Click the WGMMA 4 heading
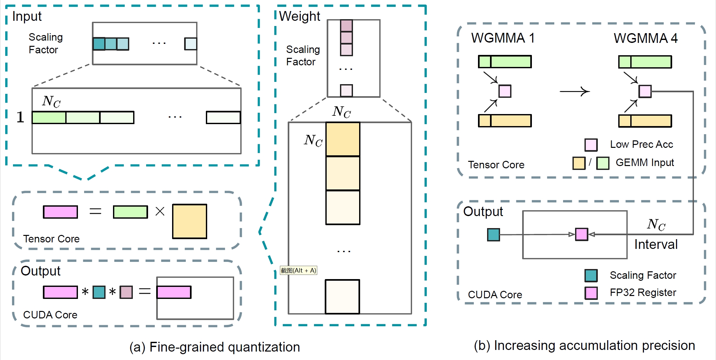(646, 38)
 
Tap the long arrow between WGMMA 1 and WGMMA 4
(574, 92)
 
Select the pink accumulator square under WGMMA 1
(505, 91)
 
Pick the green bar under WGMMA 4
(645, 62)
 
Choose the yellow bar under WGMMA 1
(505, 121)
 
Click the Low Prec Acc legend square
(591, 145)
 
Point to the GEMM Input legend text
(645, 162)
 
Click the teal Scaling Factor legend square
(591, 276)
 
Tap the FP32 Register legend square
(591, 293)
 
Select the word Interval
(656, 244)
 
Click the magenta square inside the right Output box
(582, 234)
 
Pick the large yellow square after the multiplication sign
(190, 221)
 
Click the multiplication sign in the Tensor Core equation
(160, 212)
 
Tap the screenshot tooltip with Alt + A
(298, 270)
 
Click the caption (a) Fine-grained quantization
(215, 347)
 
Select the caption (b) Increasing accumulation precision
(584, 346)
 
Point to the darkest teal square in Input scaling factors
(99, 44)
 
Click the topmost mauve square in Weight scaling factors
(346, 26)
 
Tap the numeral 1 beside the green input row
(20, 117)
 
